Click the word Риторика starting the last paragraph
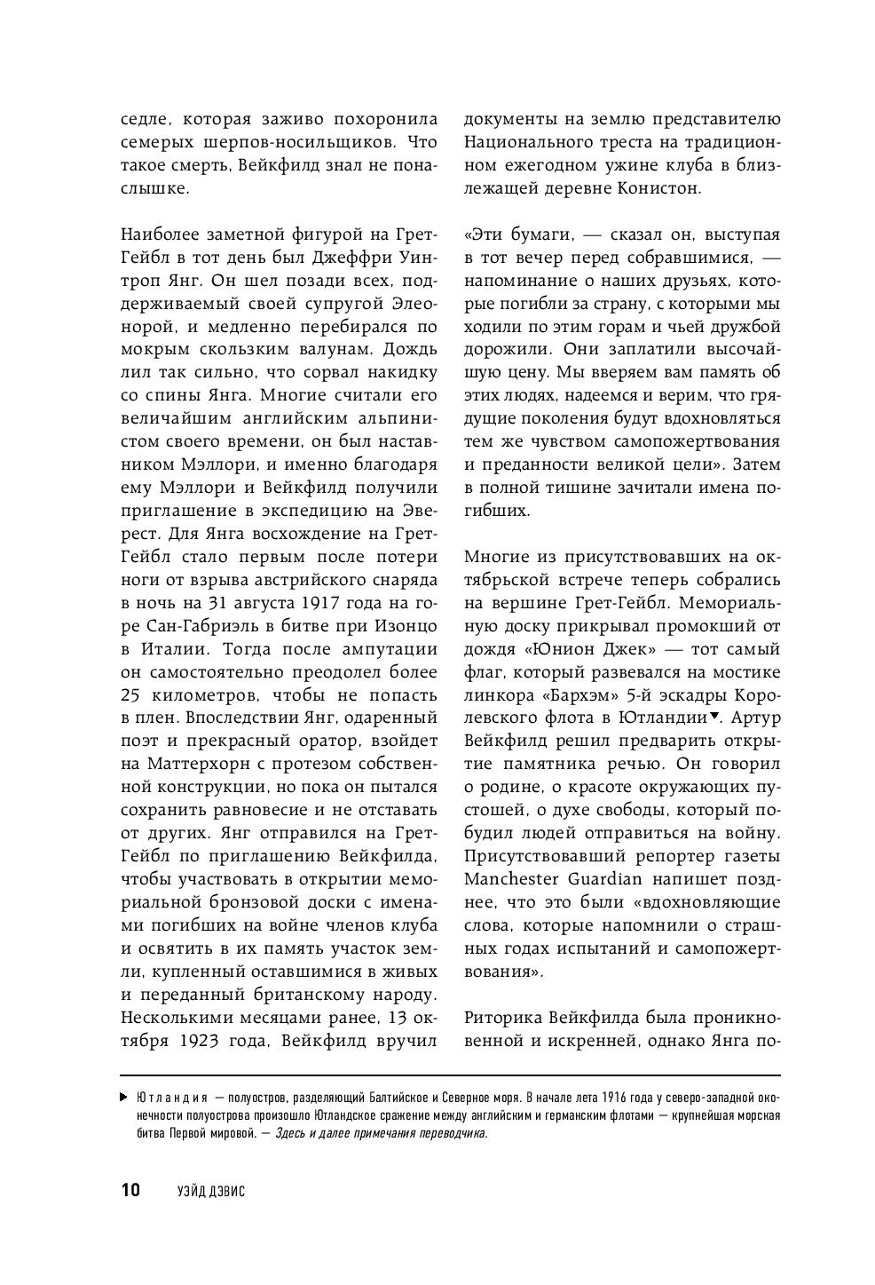click(503, 1019)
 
